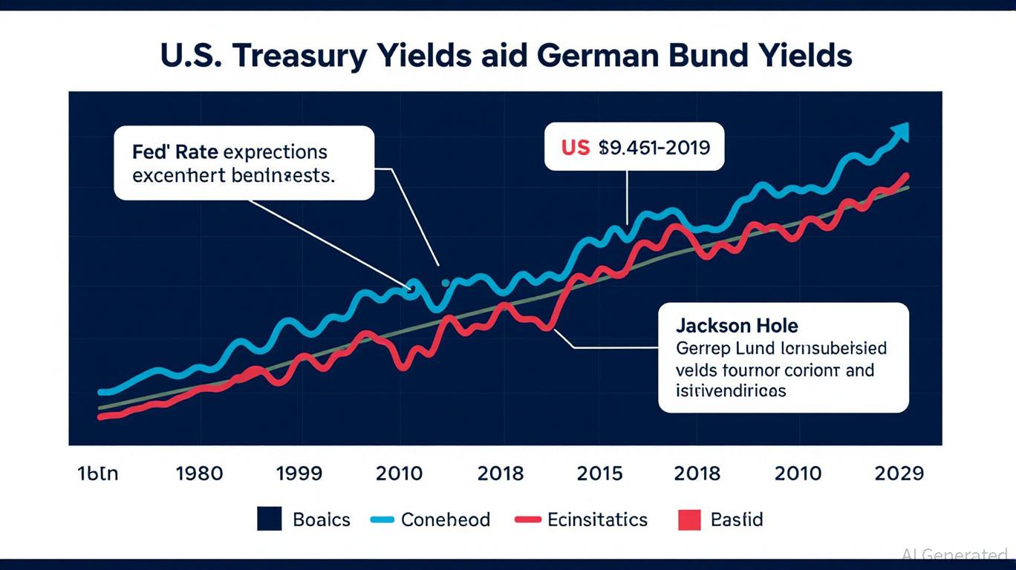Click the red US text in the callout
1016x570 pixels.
[x=575, y=147]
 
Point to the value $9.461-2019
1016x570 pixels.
[x=654, y=147]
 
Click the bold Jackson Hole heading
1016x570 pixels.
[x=737, y=325]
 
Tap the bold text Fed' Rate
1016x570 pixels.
[x=175, y=152]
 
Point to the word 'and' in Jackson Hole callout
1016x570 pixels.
[x=859, y=369]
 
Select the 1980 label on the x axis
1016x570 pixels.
[x=199, y=474]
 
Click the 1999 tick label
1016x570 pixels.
[x=299, y=474]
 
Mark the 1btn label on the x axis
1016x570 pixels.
[x=97, y=474]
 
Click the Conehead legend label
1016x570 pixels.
[x=445, y=520]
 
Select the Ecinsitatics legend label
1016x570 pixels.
[x=597, y=520]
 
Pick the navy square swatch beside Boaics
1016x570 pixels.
[x=270, y=519]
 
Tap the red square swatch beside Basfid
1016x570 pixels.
[x=689, y=519]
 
